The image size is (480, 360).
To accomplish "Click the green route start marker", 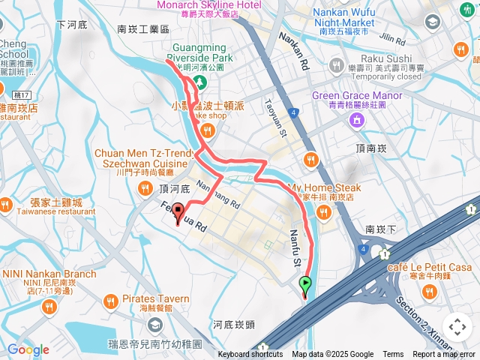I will pos(305,284).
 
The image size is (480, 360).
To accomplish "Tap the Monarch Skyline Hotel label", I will pos(209,5).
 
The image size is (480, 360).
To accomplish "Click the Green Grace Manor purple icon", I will pos(357,119).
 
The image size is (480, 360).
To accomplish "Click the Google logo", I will pos(28,349).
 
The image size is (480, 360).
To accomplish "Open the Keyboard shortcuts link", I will pos(250,355).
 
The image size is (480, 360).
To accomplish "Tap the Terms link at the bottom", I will pos(393,355).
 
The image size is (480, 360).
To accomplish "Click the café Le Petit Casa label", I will pos(430,268).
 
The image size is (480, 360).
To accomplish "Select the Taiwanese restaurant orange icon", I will pos(7,203).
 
